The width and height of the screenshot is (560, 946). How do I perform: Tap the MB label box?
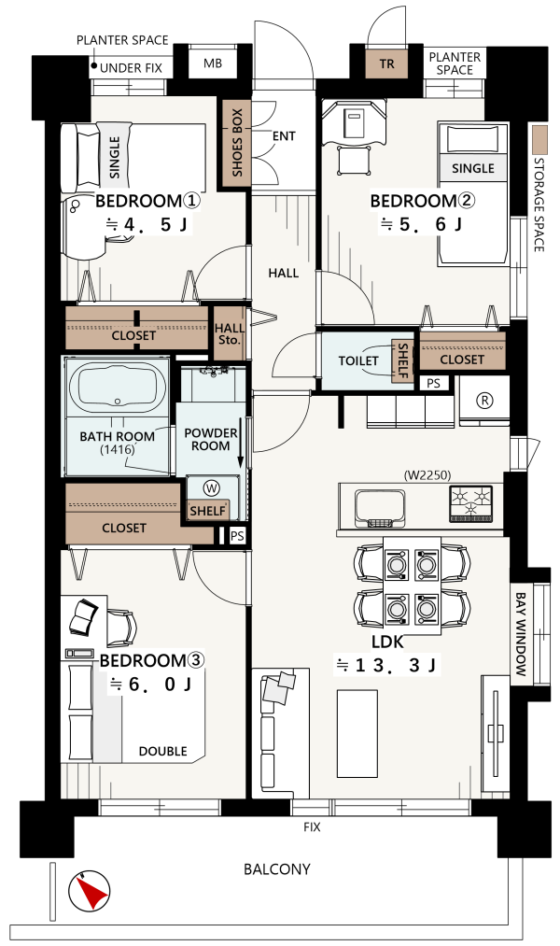click(x=212, y=63)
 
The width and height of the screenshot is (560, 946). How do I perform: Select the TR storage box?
click(x=386, y=64)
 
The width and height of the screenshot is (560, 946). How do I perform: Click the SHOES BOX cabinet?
click(x=237, y=144)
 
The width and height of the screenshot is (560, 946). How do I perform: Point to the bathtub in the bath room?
click(x=118, y=387)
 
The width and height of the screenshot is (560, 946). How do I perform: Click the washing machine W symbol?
click(x=212, y=487)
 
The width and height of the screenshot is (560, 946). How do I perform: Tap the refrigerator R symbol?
click(x=484, y=400)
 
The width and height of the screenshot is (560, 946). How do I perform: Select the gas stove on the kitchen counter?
click(x=470, y=502)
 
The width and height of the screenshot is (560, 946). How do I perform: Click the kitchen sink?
click(x=380, y=508)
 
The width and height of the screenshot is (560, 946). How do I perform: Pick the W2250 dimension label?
click(x=427, y=475)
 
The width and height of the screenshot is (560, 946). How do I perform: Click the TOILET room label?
click(x=358, y=360)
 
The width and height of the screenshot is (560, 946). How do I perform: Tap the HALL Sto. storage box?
click(x=230, y=333)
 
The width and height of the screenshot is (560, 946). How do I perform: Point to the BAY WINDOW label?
click(x=521, y=634)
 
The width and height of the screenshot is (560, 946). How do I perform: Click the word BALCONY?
click(x=276, y=869)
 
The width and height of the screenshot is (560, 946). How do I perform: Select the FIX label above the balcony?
click(x=312, y=826)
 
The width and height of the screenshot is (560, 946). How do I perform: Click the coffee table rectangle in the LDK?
click(x=357, y=734)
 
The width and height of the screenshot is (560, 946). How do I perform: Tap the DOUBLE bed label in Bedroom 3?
click(x=162, y=751)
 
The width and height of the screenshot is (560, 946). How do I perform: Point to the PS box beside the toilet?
click(x=433, y=383)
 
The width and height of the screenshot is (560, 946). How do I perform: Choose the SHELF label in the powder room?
click(x=207, y=511)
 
